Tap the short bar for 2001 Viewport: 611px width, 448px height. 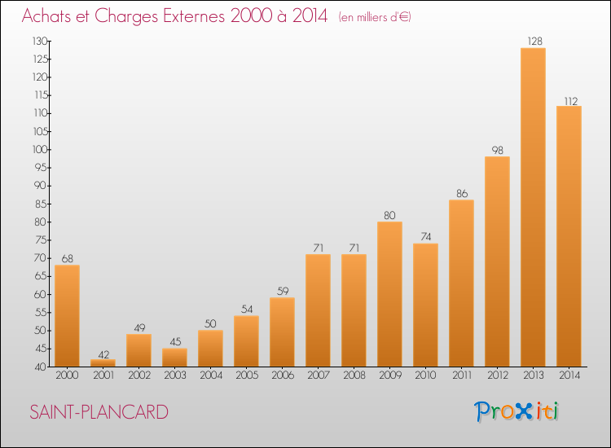[103, 363]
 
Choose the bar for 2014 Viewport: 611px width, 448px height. [569, 236]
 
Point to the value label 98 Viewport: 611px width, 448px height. [497, 150]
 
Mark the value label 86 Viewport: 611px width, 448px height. [461, 194]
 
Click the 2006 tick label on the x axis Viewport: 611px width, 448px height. [282, 376]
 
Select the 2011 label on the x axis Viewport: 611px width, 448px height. [461, 376]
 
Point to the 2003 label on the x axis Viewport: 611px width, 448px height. [174, 376]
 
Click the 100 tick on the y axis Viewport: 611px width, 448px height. [39, 150]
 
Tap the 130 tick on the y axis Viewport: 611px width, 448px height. [39, 42]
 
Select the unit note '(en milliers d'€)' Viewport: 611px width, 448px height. [375, 17]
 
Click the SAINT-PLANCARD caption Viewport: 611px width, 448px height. [99, 412]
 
